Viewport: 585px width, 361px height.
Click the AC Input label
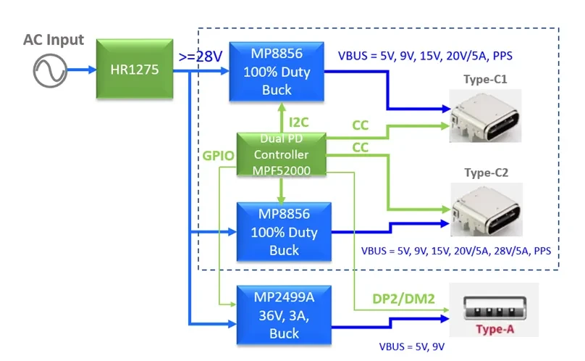[x=54, y=39]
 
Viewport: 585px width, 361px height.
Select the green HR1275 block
[x=137, y=70]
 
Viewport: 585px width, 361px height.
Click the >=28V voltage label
[x=200, y=57]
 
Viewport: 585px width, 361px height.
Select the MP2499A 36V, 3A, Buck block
[x=284, y=315]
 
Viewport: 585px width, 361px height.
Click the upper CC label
[x=360, y=125]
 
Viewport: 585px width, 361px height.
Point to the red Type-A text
[x=494, y=330]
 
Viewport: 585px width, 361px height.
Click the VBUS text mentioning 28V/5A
[x=456, y=251]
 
